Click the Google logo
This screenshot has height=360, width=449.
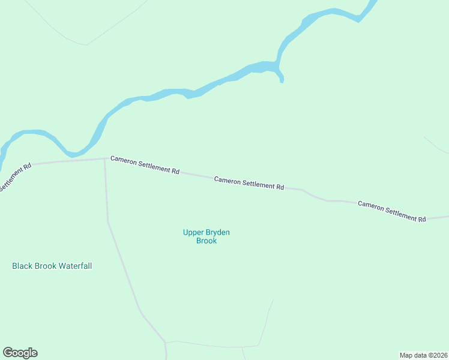20,353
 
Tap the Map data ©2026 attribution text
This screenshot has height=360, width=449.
423,355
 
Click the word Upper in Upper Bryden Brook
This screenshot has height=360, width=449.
193,232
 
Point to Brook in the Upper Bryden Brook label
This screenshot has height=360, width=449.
206,241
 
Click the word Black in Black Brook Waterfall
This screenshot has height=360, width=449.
22,266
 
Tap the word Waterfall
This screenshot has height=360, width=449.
75,266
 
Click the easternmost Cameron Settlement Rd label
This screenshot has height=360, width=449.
391,211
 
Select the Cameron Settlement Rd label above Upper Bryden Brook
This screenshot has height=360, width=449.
249,182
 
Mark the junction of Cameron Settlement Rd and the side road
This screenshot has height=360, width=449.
105,160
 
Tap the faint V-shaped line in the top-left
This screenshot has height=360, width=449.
86,44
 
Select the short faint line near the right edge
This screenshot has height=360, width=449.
435,145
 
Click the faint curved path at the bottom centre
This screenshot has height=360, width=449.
264,324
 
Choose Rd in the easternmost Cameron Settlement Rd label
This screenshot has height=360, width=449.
421,219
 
